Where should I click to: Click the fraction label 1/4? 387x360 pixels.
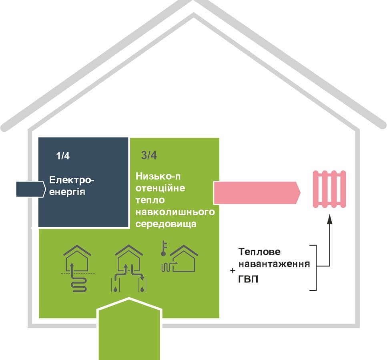click(x=63, y=156)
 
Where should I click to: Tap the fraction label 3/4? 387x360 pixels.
click(x=148, y=156)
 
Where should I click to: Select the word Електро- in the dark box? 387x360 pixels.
click(x=72, y=180)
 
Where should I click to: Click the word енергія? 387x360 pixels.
click(x=67, y=192)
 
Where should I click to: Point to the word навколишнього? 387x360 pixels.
click(x=175, y=212)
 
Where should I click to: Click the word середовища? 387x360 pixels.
click(x=166, y=224)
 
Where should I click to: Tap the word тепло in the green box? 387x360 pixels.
click(x=150, y=200)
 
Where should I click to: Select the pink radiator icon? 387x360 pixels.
click(x=329, y=189)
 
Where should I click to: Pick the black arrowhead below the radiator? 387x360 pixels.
click(x=329, y=219)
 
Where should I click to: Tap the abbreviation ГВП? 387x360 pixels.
click(x=248, y=279)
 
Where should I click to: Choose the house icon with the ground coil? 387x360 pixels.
click(x=77, y=268)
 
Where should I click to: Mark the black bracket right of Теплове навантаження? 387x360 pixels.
click(x=316, y=267)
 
